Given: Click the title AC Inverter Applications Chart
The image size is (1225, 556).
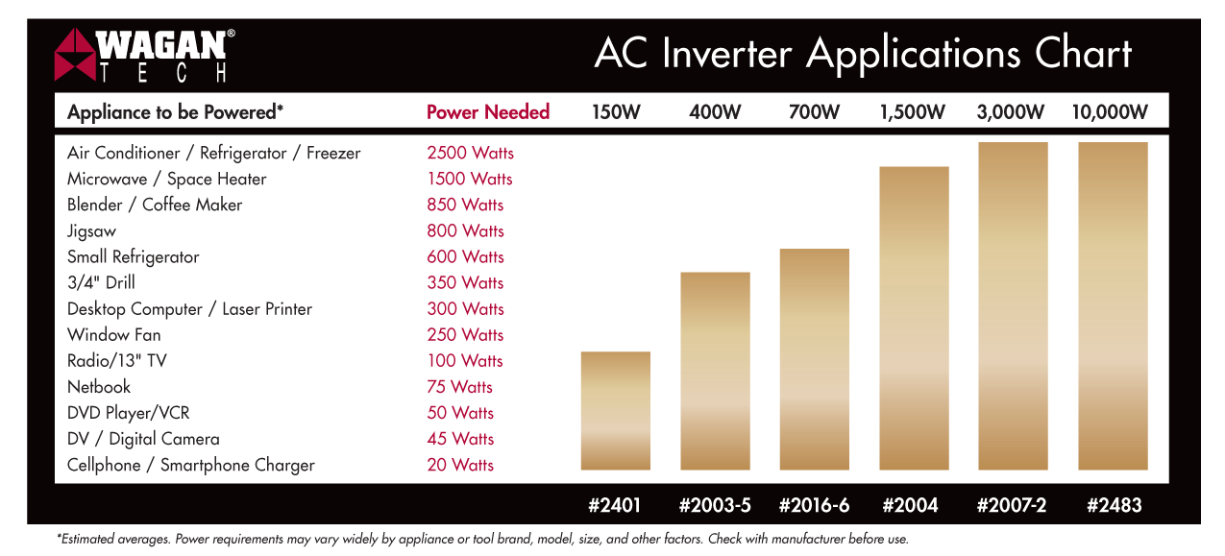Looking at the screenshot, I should (x=863, y=54).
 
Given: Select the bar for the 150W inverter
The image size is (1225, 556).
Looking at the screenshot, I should (x=616, y=411).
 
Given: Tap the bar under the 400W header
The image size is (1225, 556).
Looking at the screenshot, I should (x=715, y=371).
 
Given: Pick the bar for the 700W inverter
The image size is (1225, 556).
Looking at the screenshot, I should (x=815, y=359).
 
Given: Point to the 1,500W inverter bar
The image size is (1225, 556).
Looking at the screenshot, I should (x=914, y=318).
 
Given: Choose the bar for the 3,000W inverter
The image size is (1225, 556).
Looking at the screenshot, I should (x=1013, y=305).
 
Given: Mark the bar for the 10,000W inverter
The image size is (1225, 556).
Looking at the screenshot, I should (x=1113, y=305).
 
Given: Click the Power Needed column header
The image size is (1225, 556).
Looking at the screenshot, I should (x=488, y=112).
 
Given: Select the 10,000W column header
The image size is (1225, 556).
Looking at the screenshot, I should (x=1110, y=112).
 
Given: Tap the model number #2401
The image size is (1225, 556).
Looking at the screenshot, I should (x=615, y=505).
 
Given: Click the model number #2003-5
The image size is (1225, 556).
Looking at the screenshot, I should (x=715, y=505).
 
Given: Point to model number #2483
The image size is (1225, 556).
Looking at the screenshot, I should (x=1114, y=505).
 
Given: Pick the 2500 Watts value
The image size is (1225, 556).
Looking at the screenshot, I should (x=471, y=153).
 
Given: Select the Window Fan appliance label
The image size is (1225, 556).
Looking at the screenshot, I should (x=114, y=335).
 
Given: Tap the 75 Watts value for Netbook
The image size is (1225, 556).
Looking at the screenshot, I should (x=460, y=387).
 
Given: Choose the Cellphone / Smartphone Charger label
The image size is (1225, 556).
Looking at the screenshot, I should (x=191, y=465).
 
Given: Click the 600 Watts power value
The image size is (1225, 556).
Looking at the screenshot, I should (x=466, y=256).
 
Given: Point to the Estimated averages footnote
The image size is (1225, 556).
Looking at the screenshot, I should (x=482, y=540).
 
